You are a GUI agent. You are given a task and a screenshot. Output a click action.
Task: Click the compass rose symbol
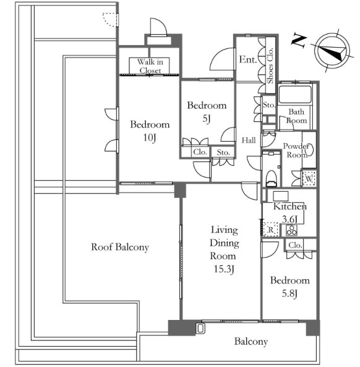tap(332, 51)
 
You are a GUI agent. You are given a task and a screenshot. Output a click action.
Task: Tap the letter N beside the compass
tap(299, 41)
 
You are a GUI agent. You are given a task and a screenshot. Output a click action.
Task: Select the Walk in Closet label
tap(150, 66)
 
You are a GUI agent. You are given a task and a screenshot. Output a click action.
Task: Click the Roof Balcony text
tap(120, 247)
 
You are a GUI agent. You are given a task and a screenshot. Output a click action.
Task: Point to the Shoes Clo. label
tap(270, 66)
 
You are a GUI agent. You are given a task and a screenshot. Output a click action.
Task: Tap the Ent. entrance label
tap(248, 59)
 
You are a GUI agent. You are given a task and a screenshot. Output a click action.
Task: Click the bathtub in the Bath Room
tap(295, 94)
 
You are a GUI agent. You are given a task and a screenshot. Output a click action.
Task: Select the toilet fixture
tap(272, 178)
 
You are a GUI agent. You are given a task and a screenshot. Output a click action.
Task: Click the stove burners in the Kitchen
tap(292, 230)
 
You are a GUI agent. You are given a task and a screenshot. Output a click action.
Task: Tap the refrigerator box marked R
tap(271, 230)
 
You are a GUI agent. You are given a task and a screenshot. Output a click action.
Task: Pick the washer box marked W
tap(309, 179)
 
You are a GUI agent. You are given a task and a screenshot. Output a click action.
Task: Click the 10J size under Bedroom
tap(150, 137)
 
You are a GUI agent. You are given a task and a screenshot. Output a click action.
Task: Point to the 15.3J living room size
tap(224, 269)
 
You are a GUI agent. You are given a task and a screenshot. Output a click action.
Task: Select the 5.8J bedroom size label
tap(289, 293)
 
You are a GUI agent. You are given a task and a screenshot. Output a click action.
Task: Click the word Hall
tap(249, 140)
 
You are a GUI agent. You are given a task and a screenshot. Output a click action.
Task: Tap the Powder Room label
tap(296, 150)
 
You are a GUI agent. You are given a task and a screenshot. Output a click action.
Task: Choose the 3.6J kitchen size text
tap(289, 219)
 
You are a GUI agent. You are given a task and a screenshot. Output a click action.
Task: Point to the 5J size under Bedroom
tap(207, 119)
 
